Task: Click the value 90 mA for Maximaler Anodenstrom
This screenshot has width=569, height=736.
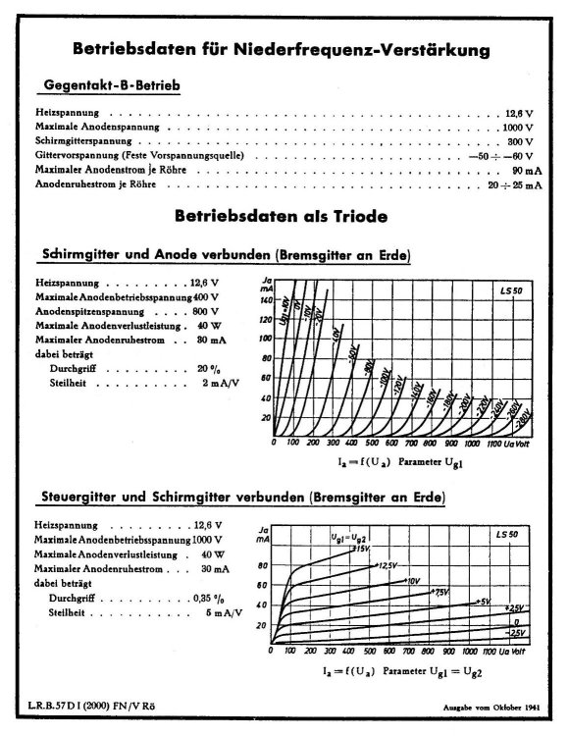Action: tap(518, 170)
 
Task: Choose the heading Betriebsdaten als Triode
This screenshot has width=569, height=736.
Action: tap(280, 215)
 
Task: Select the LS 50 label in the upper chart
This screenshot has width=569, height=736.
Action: tap(512, 293)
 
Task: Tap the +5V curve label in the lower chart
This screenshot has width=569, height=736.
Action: tap(482, 601)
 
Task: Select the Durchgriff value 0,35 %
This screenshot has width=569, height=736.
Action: tap(217, 598)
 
